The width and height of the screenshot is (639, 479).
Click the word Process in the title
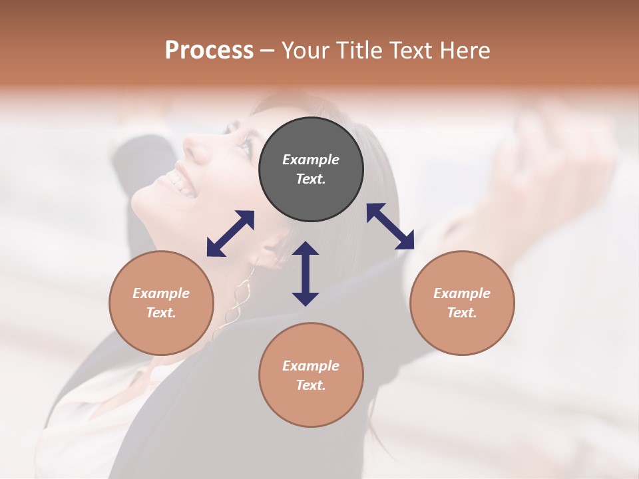pos(209,51)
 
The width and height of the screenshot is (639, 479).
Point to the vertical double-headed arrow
pos(306,273)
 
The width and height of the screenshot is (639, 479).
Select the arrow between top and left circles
pos(230,234)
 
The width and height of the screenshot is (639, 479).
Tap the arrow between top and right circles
pos(390,226)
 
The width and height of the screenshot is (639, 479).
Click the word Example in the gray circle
pos(311,160)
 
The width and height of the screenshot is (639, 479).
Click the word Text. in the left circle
pos(161,313)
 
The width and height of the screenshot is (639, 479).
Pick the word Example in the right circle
pos(462,293)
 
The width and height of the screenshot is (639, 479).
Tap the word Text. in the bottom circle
pos(311,385)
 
